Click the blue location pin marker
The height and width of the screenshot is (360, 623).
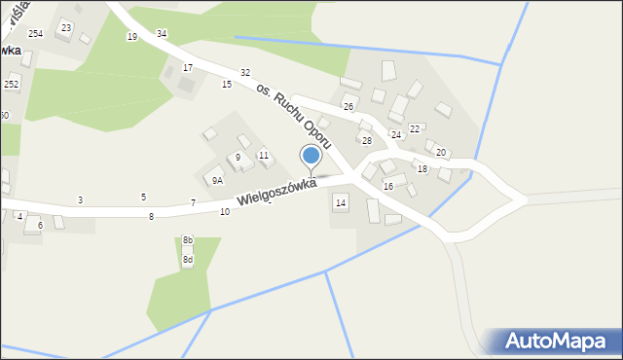click(311, 156)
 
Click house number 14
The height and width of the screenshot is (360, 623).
click(340, 201)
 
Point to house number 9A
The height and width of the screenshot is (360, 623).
click(217, 180)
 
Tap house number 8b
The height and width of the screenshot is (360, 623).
click(188, 240)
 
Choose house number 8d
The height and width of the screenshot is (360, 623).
click(187, 260)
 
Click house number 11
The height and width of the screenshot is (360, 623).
click(264, 156)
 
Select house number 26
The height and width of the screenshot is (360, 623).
click(348, 106)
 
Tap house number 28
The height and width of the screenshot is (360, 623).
click(367, 141)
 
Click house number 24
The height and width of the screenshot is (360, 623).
click(395, 134)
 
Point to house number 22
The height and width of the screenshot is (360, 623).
click(414, 128)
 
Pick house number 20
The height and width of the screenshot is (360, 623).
click(440, 153)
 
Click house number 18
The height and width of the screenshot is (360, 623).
click(421, 169)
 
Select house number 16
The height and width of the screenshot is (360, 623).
click(387, 186)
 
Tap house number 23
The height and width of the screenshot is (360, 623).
click(65, 27)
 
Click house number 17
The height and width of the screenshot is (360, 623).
click(188, 68)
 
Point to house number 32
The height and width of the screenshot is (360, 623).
click(245, 73)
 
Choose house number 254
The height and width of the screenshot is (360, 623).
click(35, 34)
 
